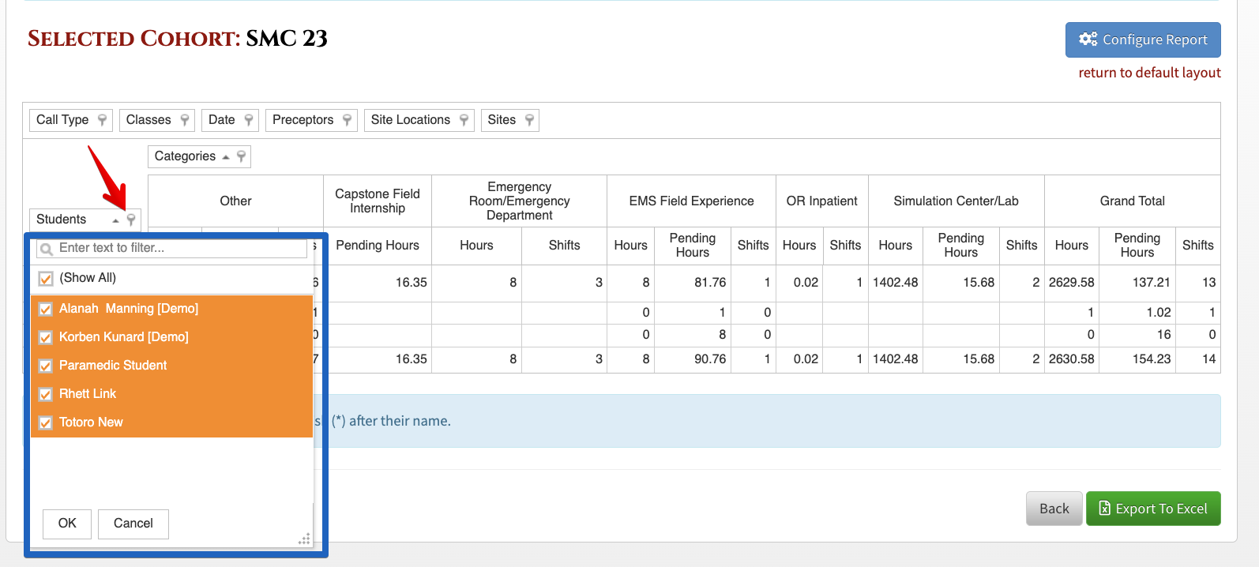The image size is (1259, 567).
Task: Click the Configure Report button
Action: [x=1143, y=39]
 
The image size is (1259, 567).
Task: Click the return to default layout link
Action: [x=1149, y=73]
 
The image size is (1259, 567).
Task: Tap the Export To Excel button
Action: [x=1153, y=509]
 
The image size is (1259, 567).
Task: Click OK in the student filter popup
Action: [x=67, y=524]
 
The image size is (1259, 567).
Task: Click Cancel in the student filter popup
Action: [x=133, y=524]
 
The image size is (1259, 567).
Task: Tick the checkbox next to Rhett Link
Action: [x=46, y=394]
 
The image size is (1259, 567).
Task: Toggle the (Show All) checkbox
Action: [x=46, y=278]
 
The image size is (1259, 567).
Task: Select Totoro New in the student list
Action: [x=91, y=422]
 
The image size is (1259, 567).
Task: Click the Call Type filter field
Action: [x=71, y=120]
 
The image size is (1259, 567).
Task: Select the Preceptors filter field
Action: [x=311, y=120]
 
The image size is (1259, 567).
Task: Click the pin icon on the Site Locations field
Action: [x=464, y=120]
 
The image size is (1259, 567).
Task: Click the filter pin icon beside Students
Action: [x=131, y=220]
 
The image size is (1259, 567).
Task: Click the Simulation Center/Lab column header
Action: [x=956, y=201]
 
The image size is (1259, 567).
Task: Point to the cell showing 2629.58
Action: [x=1071, y=283]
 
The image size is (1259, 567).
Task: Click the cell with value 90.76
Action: [x=710, y=359]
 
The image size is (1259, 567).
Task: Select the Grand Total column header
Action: [x=1132, y=201]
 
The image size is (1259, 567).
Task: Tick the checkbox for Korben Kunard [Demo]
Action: [x=46, y=337]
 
